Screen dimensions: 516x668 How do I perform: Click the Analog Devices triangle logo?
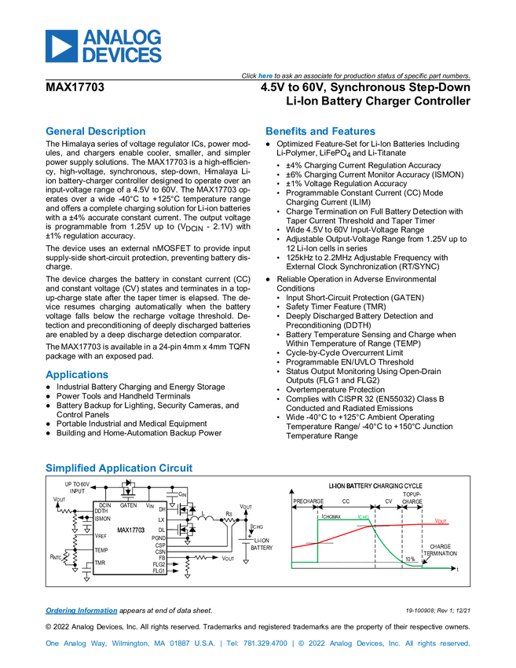pos(62,46)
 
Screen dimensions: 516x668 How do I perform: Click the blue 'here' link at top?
pos(265,75)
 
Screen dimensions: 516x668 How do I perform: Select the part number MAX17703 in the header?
pos(75,87)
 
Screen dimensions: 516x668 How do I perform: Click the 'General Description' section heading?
pos(95,131)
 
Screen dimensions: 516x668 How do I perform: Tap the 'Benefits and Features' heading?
pos(320,131)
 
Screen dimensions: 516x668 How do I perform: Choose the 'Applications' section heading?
pos(77,374)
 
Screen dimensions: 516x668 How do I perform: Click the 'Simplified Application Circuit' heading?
pos(119,468)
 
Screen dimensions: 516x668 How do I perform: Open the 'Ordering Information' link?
pos(82,611)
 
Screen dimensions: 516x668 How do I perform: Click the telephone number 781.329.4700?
pos(265,644)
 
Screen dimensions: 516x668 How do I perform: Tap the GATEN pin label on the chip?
pos(128,505)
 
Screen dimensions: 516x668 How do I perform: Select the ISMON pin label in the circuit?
pos(103,519)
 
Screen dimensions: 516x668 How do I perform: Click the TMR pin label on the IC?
pos(100,563)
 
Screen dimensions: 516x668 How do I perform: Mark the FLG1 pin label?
pos(159,571)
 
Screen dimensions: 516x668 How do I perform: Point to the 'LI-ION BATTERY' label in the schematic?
pos(262,544)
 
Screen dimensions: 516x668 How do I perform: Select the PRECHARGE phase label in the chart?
pos(308,501)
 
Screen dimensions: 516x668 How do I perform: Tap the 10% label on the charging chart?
pos(410,559)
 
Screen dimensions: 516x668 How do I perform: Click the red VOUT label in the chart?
pos(441,521)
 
